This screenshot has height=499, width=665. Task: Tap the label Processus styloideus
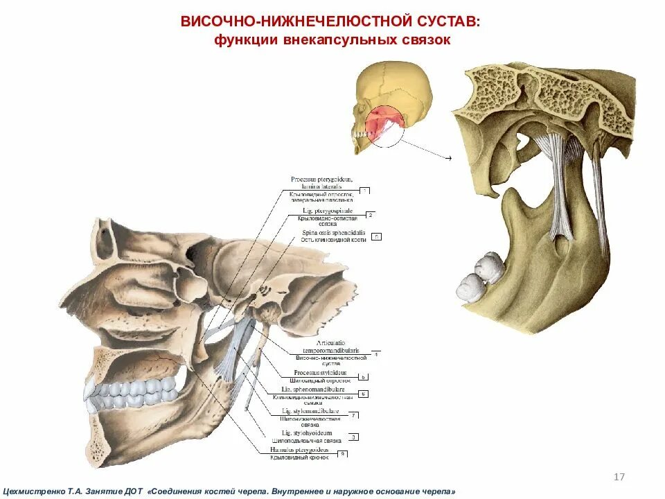(320, 372)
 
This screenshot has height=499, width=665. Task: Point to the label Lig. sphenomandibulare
(319, 389)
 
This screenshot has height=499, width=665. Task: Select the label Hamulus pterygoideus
(309, 450)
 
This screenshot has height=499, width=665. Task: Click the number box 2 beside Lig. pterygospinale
(371, 216)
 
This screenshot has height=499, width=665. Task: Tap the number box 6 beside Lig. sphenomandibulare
(363, 394)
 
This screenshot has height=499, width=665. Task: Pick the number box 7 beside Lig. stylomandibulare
(354, 416)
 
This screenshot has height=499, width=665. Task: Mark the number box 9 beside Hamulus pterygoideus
(342, 454)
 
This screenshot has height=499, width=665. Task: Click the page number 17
(619, 477)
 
